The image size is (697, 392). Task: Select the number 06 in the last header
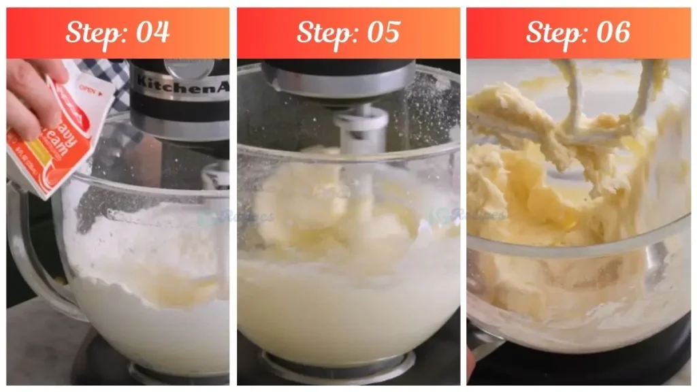pos(611,32)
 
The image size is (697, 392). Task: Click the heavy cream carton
pos(58,136)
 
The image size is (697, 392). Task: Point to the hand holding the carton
pos(31,95)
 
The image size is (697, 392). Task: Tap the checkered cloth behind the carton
pos(112,75)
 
